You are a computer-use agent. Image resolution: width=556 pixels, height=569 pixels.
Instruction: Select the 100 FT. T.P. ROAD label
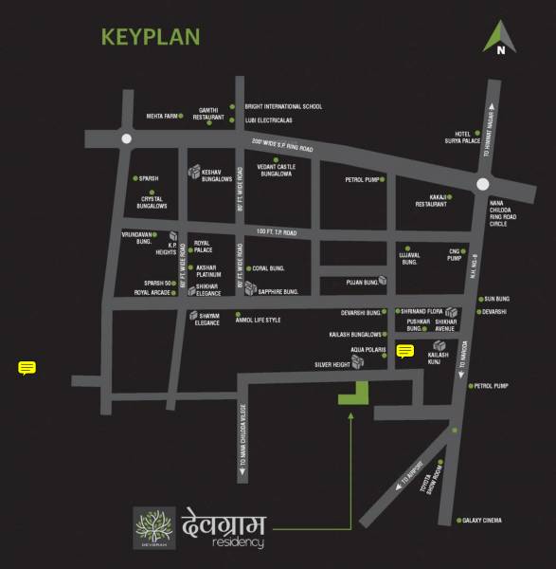(x=277, y=231)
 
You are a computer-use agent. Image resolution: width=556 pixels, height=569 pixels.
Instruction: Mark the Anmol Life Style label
(x=260, y=320)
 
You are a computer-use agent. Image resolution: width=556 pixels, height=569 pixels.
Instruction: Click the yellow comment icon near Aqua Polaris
(x=405, y=352)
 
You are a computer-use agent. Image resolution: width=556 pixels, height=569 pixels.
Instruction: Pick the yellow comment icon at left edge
(x=27, y=368)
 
